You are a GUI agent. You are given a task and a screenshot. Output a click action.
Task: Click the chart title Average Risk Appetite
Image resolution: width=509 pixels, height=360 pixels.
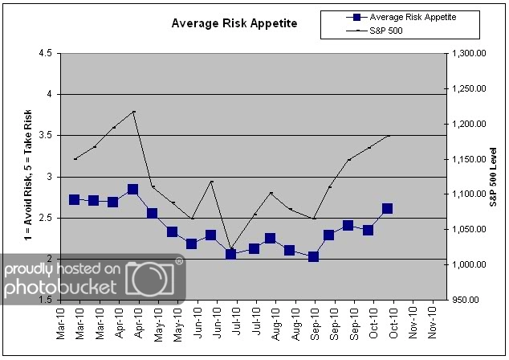click(x=234, y=23)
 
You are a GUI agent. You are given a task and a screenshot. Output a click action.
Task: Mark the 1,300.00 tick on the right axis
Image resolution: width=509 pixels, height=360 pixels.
click(x=466, y=53)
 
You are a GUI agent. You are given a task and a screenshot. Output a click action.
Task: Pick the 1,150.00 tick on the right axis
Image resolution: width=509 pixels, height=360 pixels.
click(x=466, y=159)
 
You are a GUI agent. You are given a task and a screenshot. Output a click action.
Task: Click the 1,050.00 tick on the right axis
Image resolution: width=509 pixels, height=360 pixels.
click(x=466, y=230)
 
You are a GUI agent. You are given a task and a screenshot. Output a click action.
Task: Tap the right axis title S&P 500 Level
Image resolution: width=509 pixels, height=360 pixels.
click(x=496, y=176)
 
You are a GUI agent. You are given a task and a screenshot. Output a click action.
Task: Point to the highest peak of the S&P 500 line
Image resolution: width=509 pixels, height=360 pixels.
click(x=133, y=112)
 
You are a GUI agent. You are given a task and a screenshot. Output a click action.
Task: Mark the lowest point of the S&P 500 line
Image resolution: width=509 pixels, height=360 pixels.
click(x=231, y=249)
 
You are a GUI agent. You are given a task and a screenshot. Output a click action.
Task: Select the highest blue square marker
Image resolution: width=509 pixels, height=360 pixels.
click(x=133, y=190)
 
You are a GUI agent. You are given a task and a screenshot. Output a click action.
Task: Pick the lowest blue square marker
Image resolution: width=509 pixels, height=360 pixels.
click(x=313, y=256)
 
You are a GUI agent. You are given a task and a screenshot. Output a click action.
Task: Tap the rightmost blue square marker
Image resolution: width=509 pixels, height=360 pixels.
click(x=388, y=208)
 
